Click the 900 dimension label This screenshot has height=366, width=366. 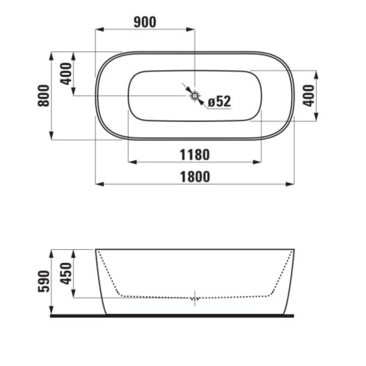pyautogui.click(x=145, y=22)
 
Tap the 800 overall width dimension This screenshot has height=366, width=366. pyautogui.click(x=43, y=96)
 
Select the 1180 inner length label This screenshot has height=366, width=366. pyautogui.click(x=195, y=155)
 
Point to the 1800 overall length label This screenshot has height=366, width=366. pyautogui.click(x=195, y=176)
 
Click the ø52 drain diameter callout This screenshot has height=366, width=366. pyautogui.click(x=220, y=101)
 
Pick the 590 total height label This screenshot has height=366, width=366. pyautogui.click(x=44, y=281)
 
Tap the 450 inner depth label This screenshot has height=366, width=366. pyautogui.click(x=66, y=273)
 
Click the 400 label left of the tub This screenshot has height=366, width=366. pyautogui.click(x=66, y=73)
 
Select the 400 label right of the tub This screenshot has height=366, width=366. pyautogui.click(x=309, y=96)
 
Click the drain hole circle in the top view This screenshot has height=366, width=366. pyautogui.click(x=195, y=96)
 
